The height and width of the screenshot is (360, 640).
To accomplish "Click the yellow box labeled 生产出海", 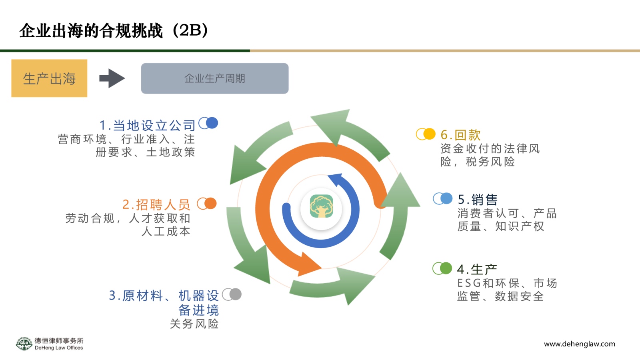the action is [49, 78].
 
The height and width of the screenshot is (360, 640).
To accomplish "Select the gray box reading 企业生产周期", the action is [215, 78].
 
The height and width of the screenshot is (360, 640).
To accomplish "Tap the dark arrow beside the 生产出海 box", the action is [112, 78].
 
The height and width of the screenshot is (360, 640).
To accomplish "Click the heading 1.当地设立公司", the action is [148, 126].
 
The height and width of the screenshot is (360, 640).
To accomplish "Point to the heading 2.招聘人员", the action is [156, 204].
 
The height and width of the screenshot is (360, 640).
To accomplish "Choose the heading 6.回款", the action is [460, 135].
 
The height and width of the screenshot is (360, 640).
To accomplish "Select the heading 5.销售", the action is [478, 200].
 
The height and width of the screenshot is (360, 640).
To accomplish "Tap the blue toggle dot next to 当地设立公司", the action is [212, 123].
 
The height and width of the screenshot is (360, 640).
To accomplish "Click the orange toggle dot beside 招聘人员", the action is [210, 204].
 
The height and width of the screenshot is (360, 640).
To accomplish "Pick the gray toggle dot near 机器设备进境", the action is [236, 294].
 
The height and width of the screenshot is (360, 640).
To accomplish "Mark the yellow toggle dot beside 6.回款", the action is [429, 134].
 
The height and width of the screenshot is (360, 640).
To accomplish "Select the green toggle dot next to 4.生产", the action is [446, 268].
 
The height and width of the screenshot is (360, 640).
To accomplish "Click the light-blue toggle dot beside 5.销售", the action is [446, 198].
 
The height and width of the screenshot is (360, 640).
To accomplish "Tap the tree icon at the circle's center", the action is [322, 206].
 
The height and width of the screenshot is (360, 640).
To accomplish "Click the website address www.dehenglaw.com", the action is [580, 344].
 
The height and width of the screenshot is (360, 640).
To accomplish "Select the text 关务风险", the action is [194, 324].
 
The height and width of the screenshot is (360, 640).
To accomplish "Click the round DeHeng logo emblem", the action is [24, 344].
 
